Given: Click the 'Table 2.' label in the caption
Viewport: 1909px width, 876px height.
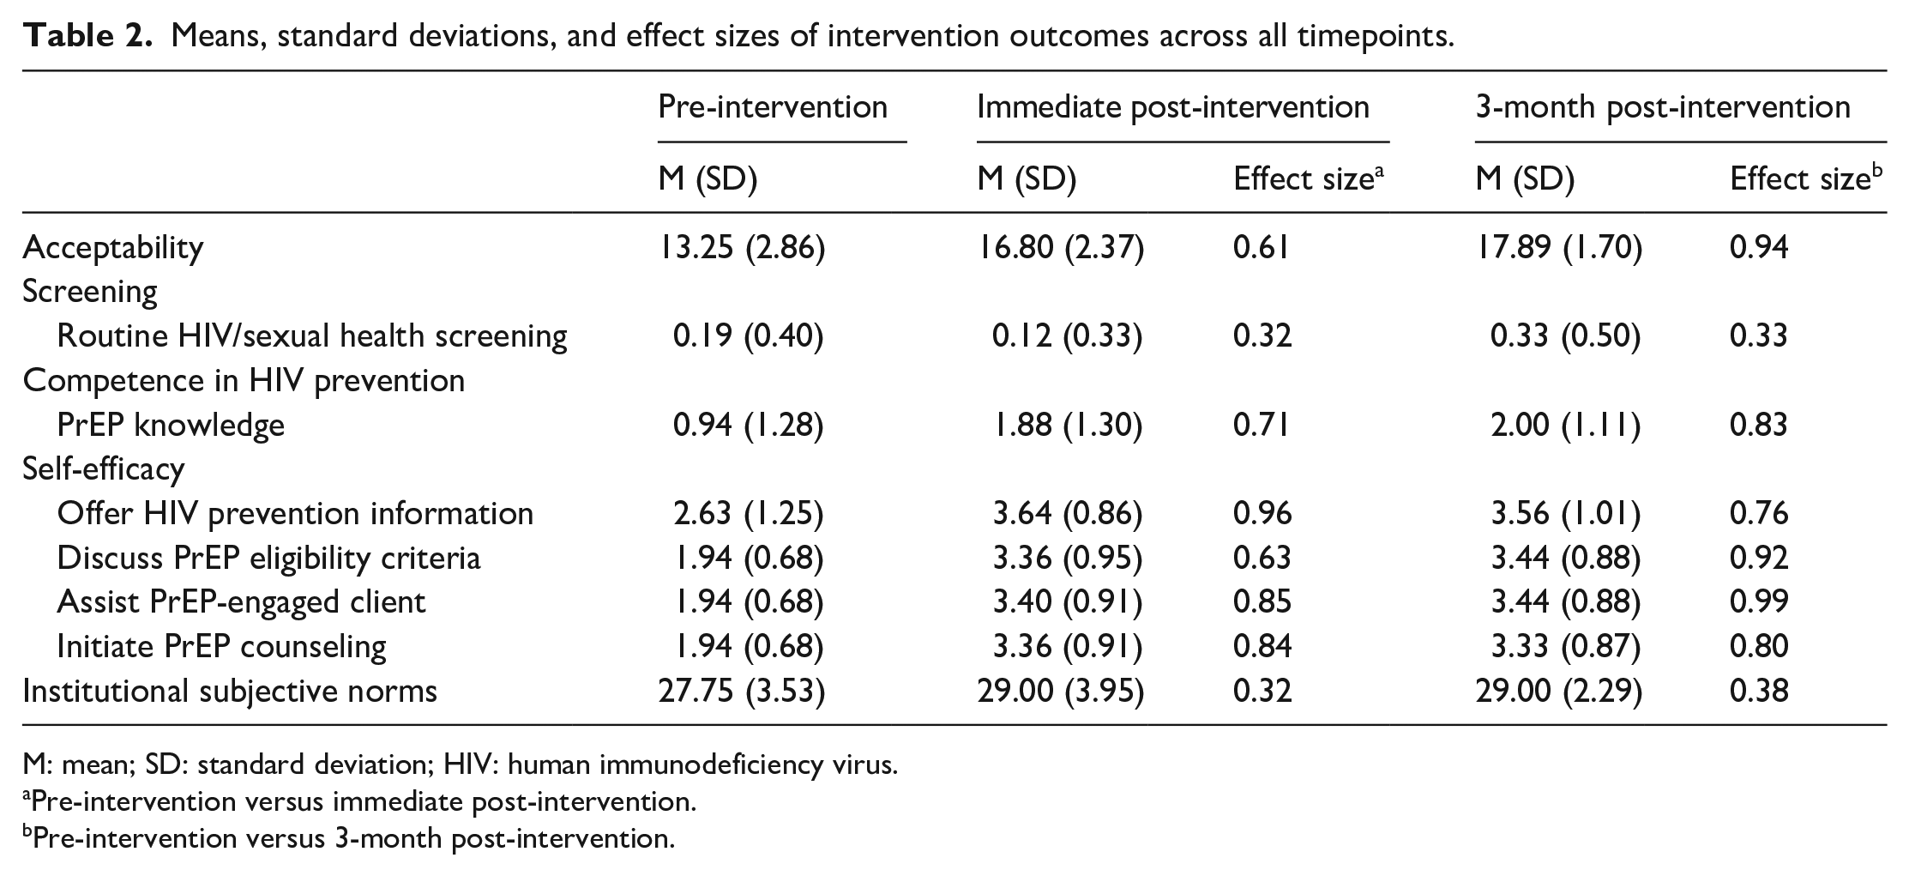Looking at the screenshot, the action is pos(88,36).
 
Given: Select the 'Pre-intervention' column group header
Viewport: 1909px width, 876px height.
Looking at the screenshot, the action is pos(773,107).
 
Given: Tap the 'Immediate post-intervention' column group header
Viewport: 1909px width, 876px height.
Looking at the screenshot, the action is pos(1173,107).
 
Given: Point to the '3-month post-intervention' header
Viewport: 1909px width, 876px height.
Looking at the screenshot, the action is pos(1663,107).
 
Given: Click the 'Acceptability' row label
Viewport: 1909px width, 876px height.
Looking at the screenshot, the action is pos(113,247).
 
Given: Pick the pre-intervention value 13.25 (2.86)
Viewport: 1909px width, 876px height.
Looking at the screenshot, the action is pos(741,247).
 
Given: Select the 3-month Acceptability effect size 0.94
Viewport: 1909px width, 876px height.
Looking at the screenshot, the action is pos(1759,247).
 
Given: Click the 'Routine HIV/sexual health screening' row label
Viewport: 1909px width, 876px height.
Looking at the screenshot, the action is pos(312,335).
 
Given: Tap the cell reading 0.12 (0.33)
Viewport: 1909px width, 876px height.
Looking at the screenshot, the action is pos(1067,335).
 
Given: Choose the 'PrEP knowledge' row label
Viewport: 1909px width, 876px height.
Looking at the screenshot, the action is pos(171,425).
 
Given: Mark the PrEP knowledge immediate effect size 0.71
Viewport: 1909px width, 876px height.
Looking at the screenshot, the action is pos(1261,425).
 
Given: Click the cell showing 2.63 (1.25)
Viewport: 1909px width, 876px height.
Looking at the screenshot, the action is pos(748,513).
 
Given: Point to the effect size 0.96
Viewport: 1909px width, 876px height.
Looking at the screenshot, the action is pos(1262,513).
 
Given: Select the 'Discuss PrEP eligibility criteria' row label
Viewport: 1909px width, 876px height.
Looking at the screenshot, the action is pos(268,558).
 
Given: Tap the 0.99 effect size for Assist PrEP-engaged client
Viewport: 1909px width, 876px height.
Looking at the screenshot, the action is pos(1759,601).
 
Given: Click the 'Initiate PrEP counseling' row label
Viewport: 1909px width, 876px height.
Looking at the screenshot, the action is pos(221,646).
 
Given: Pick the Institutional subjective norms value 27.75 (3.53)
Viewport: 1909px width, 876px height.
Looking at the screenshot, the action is pos(741,691).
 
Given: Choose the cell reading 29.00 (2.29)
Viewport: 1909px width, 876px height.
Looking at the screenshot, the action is pos(1558,691).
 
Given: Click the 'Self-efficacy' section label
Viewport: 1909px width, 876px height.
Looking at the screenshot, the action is pos(104,468).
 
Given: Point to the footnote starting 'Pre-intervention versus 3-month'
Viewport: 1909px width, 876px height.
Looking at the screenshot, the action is pos(349,837).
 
